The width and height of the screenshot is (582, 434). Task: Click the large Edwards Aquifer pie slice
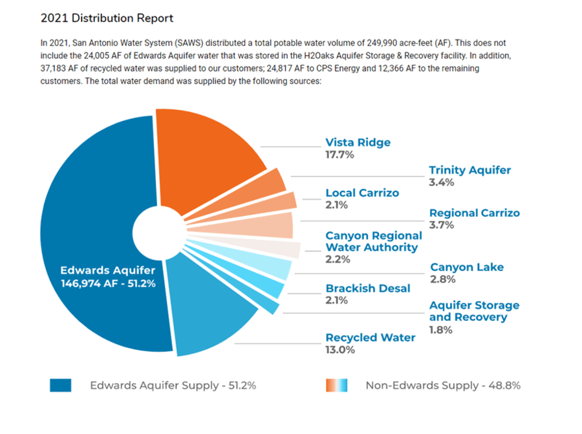[91, 213]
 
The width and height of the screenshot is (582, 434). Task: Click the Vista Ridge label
[358, 142]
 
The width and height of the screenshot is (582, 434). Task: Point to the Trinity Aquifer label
[469, 170]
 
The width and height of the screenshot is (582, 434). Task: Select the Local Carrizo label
[361, 193]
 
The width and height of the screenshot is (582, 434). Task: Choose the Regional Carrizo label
[474, 213]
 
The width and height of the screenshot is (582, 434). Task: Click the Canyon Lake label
[467, 267]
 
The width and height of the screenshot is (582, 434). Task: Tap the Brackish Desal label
[367, 288]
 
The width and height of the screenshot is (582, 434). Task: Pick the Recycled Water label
[370, 338]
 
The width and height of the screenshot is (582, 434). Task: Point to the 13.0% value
[339, 350]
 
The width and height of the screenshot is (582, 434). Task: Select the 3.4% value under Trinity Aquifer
[441, 182]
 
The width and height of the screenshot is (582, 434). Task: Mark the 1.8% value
[440, 330]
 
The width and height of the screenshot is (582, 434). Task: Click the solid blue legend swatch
[60, 385]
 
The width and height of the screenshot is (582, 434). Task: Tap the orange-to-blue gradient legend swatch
[336, 385]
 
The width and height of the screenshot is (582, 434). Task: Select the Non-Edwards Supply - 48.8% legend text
[443, 385]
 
